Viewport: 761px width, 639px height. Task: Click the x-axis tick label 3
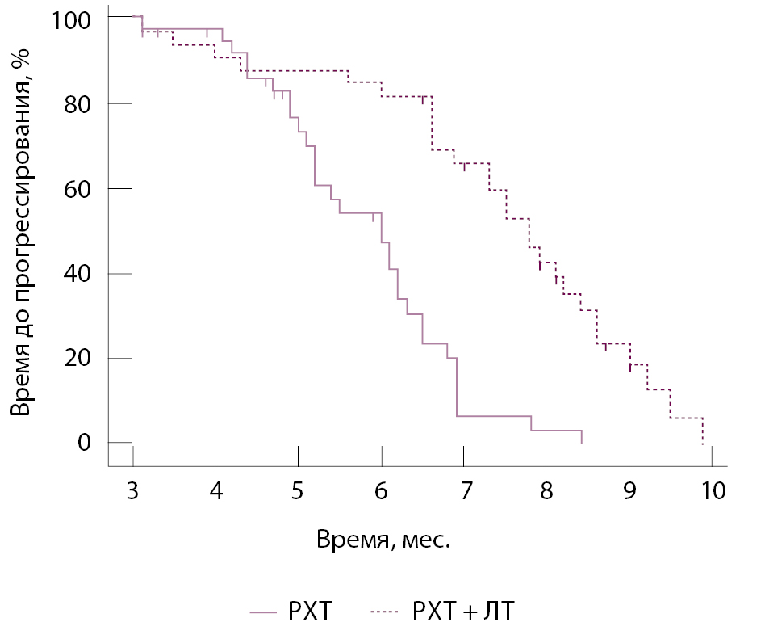(132, 492)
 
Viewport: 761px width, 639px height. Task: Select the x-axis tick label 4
(215, 492)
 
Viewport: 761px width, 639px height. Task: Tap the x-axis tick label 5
(299, 492)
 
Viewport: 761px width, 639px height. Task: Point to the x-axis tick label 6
(381, 492)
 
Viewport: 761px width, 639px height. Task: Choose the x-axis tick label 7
(464, 492)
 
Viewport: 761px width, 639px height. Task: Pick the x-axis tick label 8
(546, 492)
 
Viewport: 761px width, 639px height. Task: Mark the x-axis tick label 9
(629, 492)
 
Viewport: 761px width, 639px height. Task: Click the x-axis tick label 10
(713, 492)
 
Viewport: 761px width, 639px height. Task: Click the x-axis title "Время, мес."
(383, 540)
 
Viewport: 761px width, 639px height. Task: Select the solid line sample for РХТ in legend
(263, 612)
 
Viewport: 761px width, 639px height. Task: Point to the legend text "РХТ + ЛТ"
(463, 612)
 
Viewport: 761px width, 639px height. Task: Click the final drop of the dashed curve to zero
(703, 431)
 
